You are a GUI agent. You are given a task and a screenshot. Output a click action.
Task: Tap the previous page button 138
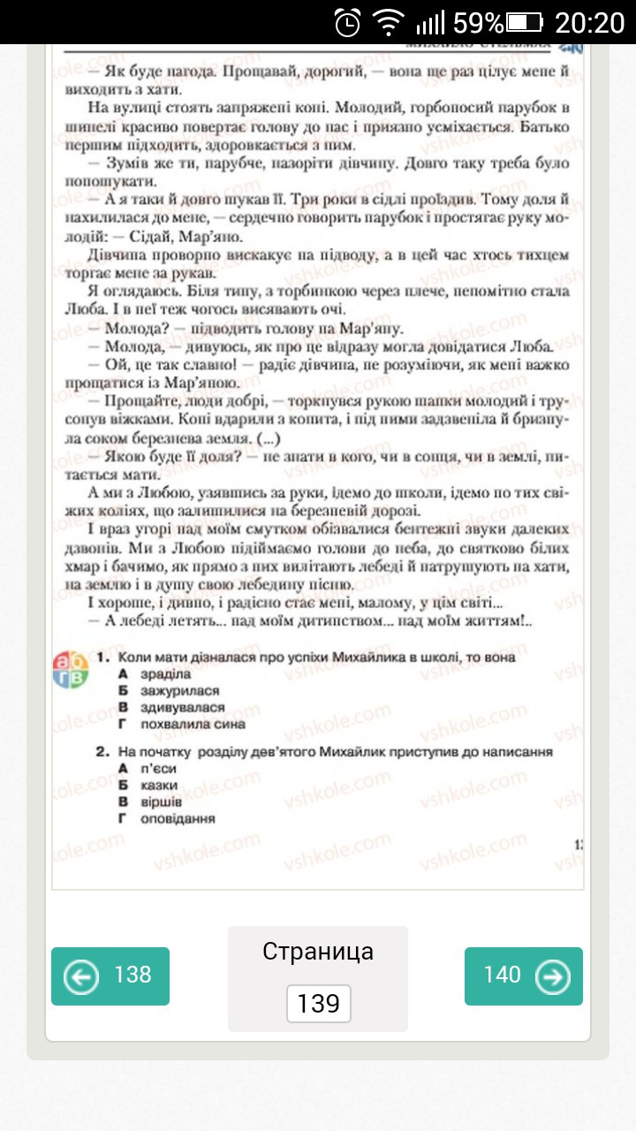tap(110, 975)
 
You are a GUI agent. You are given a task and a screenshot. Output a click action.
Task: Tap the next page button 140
tap(524, 975)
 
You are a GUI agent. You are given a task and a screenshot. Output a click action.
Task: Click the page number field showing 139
tap(319, 1004)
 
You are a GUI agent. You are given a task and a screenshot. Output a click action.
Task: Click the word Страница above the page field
tap(318, 951)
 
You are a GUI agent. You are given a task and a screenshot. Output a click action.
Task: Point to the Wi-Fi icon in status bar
tap(388, 21)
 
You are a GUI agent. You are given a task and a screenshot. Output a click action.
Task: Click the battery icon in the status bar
tap(525, 21)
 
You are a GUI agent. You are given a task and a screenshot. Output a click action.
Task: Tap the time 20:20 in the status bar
tap(591, 21)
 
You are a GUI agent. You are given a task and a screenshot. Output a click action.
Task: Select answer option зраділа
tap(166, 674)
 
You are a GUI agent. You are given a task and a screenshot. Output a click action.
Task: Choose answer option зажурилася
tap(179, 691)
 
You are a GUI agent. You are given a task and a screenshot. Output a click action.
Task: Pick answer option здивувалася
tap(182, 708)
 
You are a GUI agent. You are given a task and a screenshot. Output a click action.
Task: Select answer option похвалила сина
tap(193, 725)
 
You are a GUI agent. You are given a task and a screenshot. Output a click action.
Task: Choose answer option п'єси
tap(159, 769)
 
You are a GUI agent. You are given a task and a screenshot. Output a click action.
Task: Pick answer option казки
tap(159, 786)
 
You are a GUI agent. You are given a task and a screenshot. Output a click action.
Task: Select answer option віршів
tap(161, 802)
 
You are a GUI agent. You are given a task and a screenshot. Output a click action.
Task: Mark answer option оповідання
tap(178, 819)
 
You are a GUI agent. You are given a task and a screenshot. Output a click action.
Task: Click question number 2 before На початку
tap(102, 752)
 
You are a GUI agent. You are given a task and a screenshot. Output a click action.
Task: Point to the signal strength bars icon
tap(430, 21)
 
